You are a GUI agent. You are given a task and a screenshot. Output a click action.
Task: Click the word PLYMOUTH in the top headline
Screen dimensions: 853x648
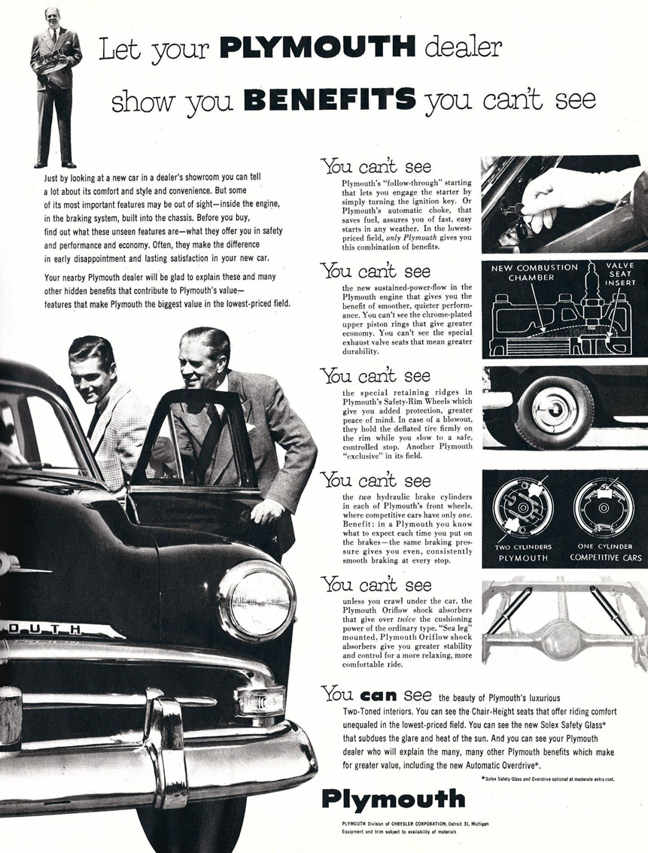coord(318,49)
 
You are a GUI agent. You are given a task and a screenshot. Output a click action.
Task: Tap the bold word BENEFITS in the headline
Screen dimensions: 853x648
coord(331,99)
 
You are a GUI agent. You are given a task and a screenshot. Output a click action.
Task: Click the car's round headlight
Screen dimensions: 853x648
coord(257,600)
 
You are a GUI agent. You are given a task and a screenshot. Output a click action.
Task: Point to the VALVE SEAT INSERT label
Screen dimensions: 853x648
coord(619,274)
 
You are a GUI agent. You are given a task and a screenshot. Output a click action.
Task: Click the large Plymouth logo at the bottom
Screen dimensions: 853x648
coord(393,798)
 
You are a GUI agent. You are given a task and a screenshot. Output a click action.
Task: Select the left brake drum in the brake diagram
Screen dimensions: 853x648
coord(522,507)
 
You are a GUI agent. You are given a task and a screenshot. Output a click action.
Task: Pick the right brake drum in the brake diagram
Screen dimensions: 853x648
coord(604,507)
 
